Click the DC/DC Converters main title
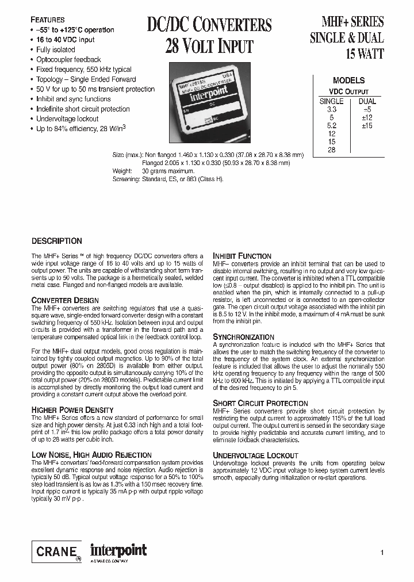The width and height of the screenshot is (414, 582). [209, 25]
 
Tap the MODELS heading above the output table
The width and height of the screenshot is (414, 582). [348, 81]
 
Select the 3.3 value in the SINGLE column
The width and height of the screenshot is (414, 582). [331, 109]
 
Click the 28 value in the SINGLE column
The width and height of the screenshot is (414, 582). [331, 150]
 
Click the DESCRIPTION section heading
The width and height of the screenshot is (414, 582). [56, 241]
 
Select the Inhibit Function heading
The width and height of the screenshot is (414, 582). [242, 256]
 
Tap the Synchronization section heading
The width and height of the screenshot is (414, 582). [244, 336]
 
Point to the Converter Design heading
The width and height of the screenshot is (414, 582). [65, 300]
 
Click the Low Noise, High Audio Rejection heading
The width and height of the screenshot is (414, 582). [91, 455]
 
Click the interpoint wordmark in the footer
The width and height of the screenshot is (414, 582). [119, 550]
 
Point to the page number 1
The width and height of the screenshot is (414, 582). [382, 553]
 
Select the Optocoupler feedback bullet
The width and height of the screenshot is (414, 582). [68, 59]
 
